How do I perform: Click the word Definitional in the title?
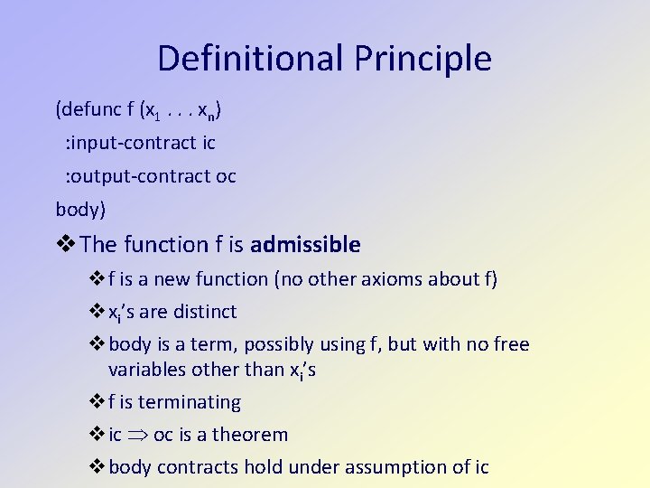[250, 59]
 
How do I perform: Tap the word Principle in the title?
[422, 59]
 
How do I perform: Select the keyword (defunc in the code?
[86, 110]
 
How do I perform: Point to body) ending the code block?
[80, 210]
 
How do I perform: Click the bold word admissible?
[305, 245]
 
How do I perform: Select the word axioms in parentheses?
[385, 279]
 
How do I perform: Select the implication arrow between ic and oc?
[137, 436]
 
